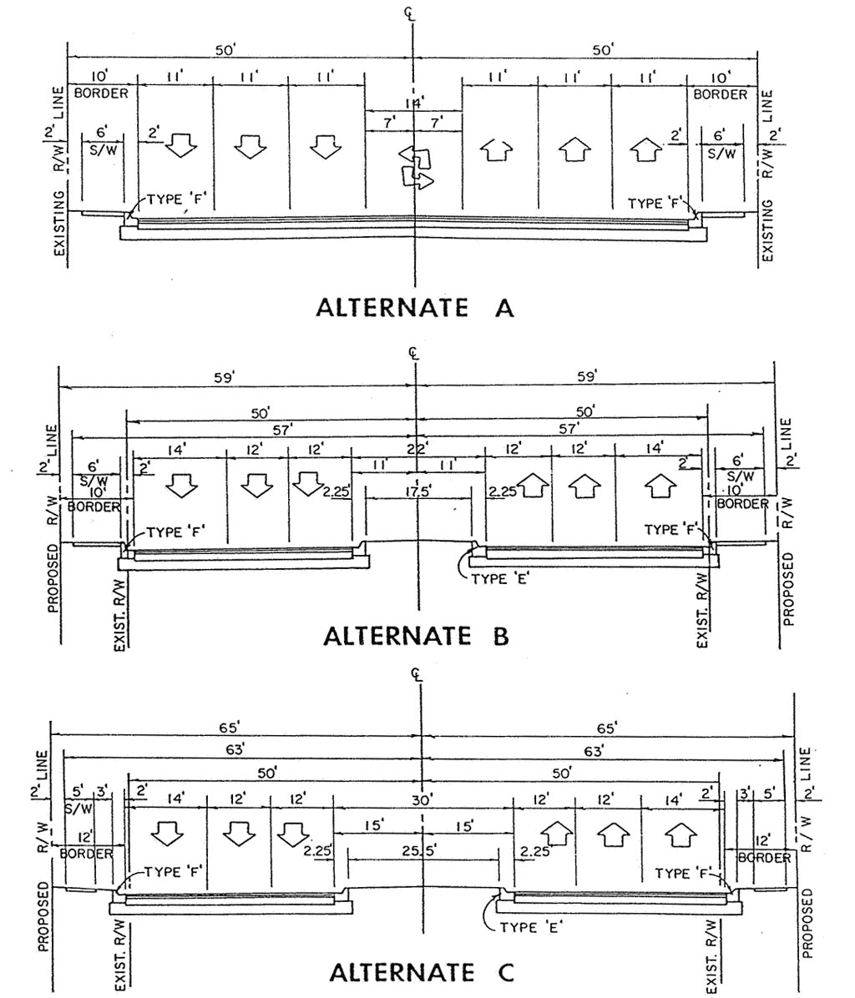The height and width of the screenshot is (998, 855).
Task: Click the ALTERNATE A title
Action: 415,308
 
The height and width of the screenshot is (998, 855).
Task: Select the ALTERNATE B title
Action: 416,637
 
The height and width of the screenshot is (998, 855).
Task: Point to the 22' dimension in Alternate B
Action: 417,426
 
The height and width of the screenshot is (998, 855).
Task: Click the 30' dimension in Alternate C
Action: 422,800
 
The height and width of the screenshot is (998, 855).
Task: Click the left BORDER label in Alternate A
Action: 101,93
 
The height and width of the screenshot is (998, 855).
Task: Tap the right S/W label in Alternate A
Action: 721,154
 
